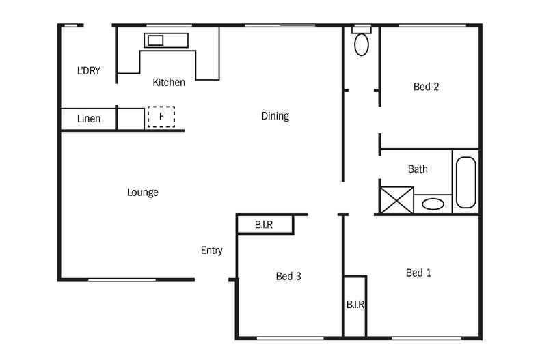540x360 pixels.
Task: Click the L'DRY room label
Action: [x=88, y=70]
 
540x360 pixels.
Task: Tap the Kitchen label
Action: [x=168, y=83]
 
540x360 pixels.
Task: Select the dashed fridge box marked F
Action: [x=161, y=117]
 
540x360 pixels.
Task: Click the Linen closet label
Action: [x=88, y=119]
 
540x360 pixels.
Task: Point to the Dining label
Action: [x=275, y=116]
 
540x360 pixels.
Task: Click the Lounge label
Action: [x=142, y=193]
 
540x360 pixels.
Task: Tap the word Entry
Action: [x=211, y=251]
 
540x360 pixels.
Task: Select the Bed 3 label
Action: [x=288, y=277]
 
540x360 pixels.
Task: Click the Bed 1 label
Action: [x=418, y=273]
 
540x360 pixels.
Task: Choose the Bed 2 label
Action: [x=426, y=87]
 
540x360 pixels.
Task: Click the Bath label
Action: [x=418, y=169]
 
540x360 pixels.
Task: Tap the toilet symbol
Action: [x=361, y=43]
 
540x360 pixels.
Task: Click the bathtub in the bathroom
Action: [x=465, y=182]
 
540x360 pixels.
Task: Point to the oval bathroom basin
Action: [x=433, y=204]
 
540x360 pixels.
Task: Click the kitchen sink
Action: [x=157, y=40]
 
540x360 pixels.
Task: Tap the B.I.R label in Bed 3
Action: [x=265, y=224]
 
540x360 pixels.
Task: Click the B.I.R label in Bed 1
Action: [x=355, y=305]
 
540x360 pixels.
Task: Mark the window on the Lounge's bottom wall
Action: [x=122, y=279]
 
